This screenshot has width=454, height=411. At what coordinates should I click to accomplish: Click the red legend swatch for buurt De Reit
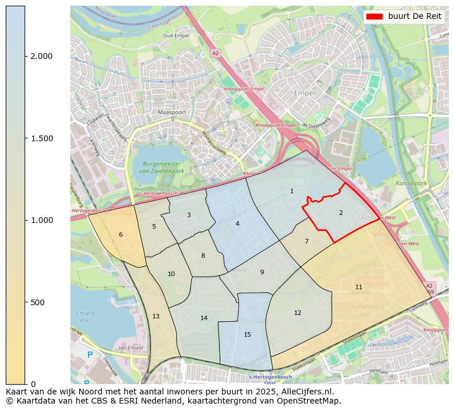pyautogui.click(x=374, y=16)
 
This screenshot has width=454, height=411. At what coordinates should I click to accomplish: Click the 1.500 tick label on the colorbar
pyautogui.click(x=42, y=138)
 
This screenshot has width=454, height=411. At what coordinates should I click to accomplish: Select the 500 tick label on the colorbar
pyautogui.click(x=37, y=302)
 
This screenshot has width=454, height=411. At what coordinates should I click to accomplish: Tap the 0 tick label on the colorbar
pyautogui.click(x=33, y=384)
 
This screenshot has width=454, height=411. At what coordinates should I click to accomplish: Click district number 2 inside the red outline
pyautogui.click(x=341, y=213)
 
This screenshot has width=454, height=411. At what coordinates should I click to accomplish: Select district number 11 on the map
pyautogui.click(x=359, y=287)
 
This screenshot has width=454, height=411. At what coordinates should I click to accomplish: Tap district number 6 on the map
pyautogui.click(x=121, y=234)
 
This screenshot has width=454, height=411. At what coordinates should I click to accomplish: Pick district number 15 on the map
pyautogui.click(x=247, y=334)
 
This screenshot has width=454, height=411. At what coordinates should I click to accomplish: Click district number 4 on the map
pyautogui.click(x=237, y=224)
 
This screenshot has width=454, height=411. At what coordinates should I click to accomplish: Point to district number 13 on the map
pyautogui.click(x=156, y=316)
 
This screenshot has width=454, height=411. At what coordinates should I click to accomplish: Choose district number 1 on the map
pyautogui.click(x=292, y=191)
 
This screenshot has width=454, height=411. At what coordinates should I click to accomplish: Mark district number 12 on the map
pyautogui.click(x=297, y=313)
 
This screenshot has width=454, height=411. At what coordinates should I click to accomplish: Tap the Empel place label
pyautogui.click(x=304, y=93)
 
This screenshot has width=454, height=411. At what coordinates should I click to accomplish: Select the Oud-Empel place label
pyautogui.click(x=176, y=35)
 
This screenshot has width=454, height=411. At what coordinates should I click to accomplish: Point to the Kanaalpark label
pyautogui.click(x=411, y=183)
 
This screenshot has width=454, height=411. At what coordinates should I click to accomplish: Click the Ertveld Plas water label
pyautogui.click(x=85, y=317)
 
